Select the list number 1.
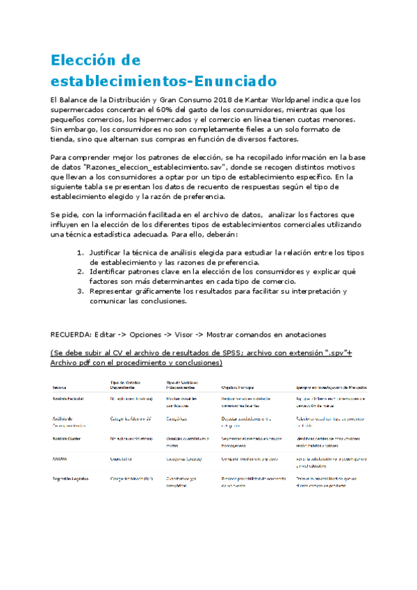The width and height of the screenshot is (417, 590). pos(81,252)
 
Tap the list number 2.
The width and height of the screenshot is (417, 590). pos(81,271)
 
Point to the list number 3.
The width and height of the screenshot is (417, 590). pos(81,291)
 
